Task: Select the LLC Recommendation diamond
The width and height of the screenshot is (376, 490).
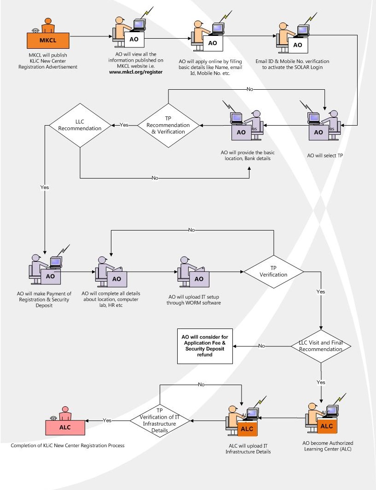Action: click(81, 125)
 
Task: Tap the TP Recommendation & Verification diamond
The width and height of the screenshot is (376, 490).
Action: click(168, 125)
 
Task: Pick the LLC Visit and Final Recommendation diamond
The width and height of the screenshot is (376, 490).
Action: click(321, 346)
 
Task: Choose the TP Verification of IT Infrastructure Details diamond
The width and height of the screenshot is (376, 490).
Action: click(160, 420)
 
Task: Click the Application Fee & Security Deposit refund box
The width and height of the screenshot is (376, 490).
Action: click(205, 346)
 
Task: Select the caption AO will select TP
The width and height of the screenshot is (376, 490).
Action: click(325, 156)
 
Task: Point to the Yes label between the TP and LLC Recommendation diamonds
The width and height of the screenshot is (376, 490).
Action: click(124, 125)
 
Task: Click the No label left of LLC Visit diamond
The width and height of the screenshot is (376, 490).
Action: click(261, 346)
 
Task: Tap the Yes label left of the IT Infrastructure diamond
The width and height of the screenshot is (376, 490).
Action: click(107, 420)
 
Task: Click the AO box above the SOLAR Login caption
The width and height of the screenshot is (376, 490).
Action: click(297, 45)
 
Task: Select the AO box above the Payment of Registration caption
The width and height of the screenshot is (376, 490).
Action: click(50, 277)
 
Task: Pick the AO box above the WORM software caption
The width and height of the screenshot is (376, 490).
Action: click(199, 279)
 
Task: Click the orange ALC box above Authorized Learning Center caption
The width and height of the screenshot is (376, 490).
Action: click(326, 426)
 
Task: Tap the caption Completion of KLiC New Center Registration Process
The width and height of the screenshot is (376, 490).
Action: click(68, 445)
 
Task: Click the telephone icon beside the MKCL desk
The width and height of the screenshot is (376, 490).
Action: click(35, 31)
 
